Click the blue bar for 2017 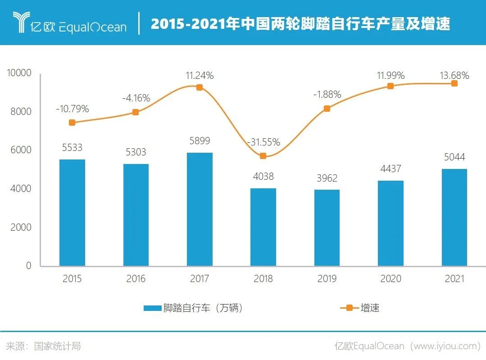[x=200, y=210]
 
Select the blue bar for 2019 [x=327, y=228]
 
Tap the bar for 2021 [x=454, y=217]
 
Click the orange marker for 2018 [x=263, y=156]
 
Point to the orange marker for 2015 [x=72, y=123]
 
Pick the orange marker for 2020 [x=391, y=86]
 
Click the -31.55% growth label [x=263, y=142]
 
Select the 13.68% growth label [x=454, y=76]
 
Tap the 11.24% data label [x=200, y=76]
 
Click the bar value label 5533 [x=72, y=147]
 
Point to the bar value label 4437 [x=391, y=169]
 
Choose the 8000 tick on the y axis [x=21, y=111]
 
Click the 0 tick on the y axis [x=28, y=266]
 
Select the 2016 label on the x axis [x=136, y=279]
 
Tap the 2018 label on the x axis [x=263, y=279]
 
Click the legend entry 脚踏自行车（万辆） [x=194, y=308]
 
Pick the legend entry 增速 [x=360, y=308]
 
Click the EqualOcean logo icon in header [x=21, y=23]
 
